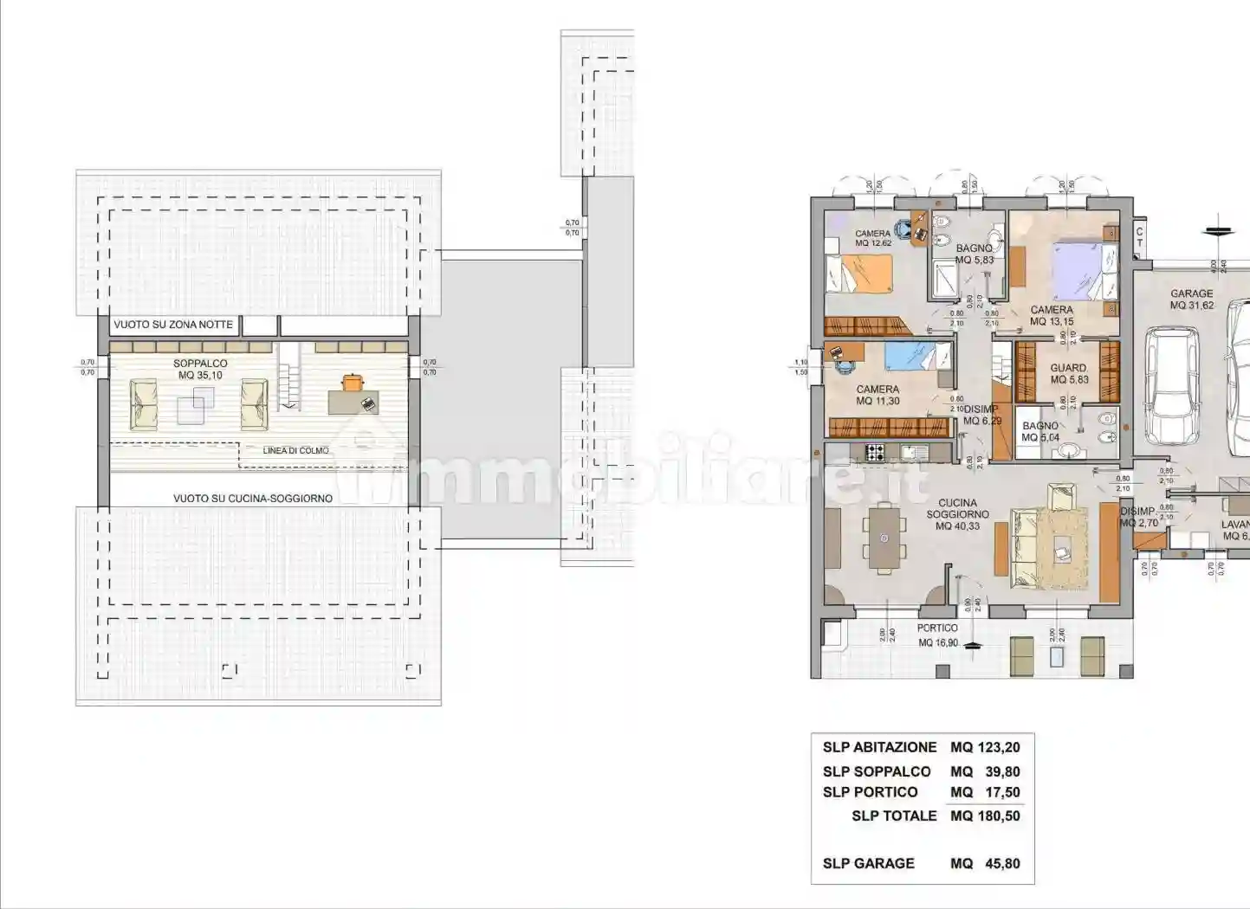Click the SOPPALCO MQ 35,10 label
pyautogui.click(x=200, y=370)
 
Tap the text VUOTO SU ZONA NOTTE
pyautogui.click(x=173, y=325)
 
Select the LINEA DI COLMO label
pyautogui.click(x=295, y=451)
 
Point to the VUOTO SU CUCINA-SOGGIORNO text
pyautogui.click(x=252, y=499)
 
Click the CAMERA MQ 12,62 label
pyautogui.click(x=872, y=238)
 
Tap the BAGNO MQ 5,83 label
pyautogui.click(x=975, y=254)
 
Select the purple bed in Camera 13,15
pyautogui.click(x=1077, y=271)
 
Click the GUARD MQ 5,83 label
pyautogui.click(x=1068, y=373)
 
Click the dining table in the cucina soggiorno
pyautogui.click(x=882, y=538)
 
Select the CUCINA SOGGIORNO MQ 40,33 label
pyautogui.click(x=957, y=514)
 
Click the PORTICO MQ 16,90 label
pyautogui.click(x=937, y=635)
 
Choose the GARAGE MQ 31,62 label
pyautogui.click(x=1191, y=300)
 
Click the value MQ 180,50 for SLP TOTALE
pyautogui.click(x=985, y=816)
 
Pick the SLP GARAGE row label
pyautogui.click(x=868, y=863)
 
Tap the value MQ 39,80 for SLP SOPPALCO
pyautogui.click(x=985, y=771)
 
